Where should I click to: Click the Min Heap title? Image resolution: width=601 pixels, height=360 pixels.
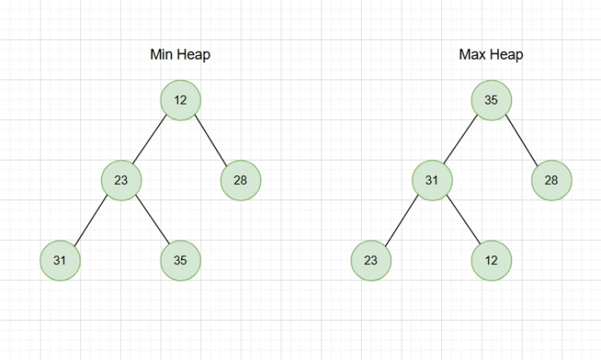180,55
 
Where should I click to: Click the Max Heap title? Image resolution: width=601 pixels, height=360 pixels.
491,55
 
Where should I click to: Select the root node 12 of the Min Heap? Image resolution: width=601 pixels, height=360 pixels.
180,100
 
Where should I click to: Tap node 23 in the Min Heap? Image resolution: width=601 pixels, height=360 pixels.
121,180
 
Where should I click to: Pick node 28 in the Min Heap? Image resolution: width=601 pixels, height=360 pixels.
240,180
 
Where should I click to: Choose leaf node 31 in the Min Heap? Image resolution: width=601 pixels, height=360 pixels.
60,260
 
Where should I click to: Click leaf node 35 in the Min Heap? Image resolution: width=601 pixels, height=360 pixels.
180,260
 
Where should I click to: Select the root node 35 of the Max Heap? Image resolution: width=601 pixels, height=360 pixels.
491,100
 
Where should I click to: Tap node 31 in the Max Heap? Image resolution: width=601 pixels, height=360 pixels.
432,180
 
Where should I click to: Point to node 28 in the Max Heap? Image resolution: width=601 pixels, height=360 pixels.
551,180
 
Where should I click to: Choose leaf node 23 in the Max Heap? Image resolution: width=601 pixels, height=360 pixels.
371,260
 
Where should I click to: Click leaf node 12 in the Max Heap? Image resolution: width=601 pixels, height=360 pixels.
491,260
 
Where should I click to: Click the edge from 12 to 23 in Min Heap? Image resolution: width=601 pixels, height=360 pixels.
150,141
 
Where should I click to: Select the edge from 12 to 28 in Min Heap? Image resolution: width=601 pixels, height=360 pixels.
211,141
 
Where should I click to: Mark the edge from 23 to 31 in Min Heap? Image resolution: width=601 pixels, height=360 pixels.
91,220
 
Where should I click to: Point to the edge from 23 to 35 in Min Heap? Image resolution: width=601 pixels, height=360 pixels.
151,220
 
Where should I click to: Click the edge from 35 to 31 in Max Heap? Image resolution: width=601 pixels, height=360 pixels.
461,141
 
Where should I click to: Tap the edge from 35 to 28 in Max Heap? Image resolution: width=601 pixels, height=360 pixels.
522,141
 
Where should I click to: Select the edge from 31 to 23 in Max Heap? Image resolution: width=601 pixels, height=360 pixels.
402,220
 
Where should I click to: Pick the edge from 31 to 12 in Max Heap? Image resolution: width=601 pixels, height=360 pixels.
462,220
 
